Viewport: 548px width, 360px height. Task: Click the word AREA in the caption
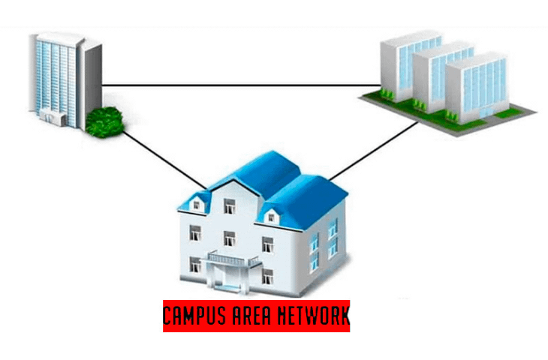(257, 313)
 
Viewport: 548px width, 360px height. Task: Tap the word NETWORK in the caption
(315, 313)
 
